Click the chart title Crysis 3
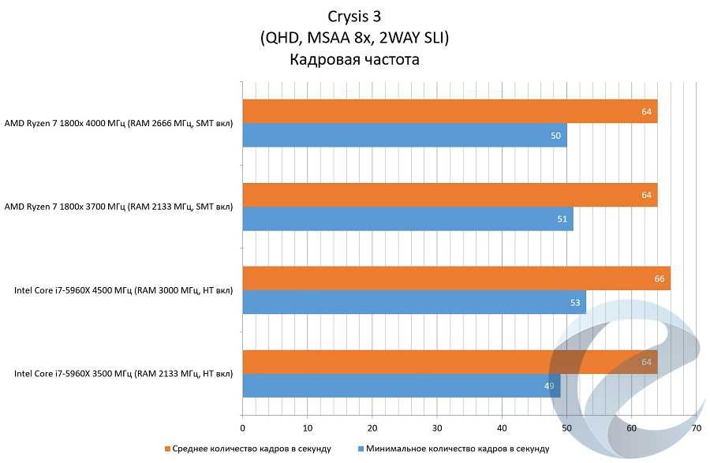[x=354, y=17]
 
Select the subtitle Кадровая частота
[x=354, y=59]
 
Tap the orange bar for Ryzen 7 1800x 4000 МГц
[x=450, y=111]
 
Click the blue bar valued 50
[x=404, y=136]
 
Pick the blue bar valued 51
[x=407, y=218]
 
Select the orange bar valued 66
[x=456, y=278]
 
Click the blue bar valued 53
[x=413, y=302]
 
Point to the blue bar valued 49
[x=401, y=386]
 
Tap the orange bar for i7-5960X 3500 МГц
[x=450, y=362]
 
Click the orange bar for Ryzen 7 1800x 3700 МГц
[x=450, y=195]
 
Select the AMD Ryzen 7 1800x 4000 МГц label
[x=118, y=124]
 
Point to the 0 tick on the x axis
[x=243, y=428]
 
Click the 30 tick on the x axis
[x=437, y=428]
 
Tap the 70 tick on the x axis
[x=696, y=428]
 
